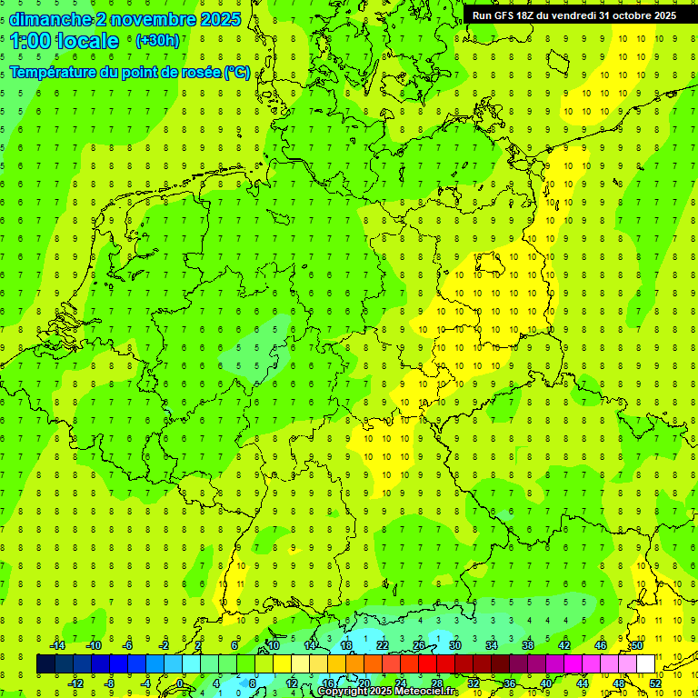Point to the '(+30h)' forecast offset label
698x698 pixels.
pyautogui.click(x=157, y=41)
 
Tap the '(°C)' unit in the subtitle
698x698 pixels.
pyautogui.click(x=236, y=72)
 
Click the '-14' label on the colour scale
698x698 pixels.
pyautogui.click(x=57, y=645)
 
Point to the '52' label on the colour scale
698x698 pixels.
pyautogui.click(x=656, y=683)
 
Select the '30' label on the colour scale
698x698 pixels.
pyautogui.click(x=454, y=645)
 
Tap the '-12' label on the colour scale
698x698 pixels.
pyautogui.click(x=75, y=683)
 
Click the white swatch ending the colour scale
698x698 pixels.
pyautogui.click(x=645, y=664)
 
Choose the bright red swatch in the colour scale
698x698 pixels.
pyautogui.click(x=427, y=664)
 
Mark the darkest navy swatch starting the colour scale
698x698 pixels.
pyautogui.click(x=45, y=664)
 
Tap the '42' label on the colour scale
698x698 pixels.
pyautogui.click(x=564, y=645)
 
